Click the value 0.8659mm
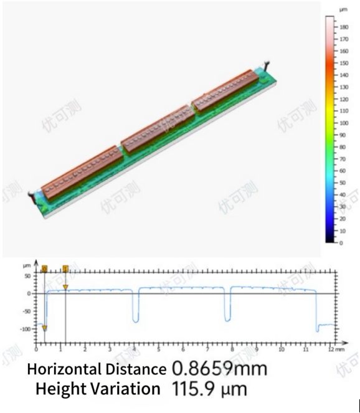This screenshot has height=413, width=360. click(219, 369)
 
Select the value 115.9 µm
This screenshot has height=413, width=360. click(209, 390)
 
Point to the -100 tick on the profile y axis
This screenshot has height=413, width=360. click(29, 328)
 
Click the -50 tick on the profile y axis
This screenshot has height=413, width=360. click(31, 310)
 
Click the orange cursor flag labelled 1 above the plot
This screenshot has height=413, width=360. click(65, 269)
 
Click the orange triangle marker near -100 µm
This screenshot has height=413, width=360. click(44, 328)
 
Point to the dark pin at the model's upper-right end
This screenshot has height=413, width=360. click(268, 63)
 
